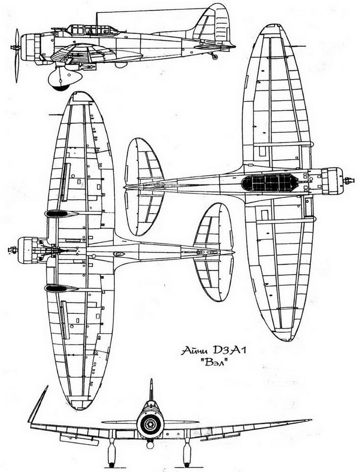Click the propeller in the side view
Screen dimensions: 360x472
point(17,55)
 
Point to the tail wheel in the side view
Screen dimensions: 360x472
point(214,57)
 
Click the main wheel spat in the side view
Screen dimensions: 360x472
point(64,78)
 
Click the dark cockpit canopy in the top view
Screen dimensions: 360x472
point(269,183)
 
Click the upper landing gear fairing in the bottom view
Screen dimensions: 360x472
point(61,214)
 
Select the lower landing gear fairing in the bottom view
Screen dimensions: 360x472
point(61,288)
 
